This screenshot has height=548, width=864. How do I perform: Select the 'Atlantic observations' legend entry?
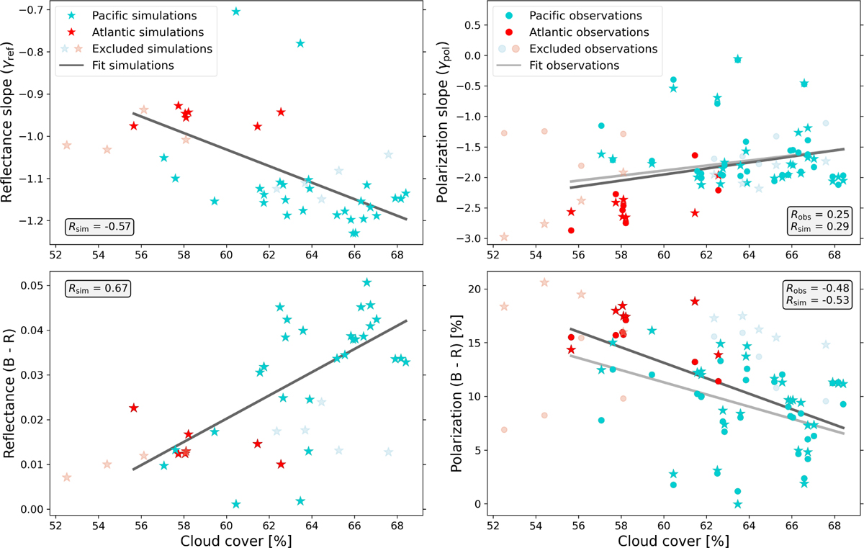588,32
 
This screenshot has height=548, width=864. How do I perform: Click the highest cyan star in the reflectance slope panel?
236,12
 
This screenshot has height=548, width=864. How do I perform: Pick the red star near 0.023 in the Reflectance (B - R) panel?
133,408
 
